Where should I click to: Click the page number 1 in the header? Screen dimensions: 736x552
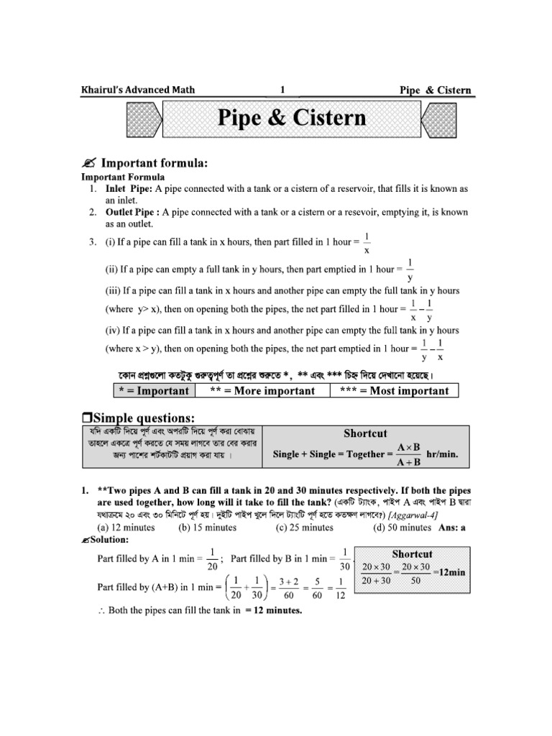click(282, 90)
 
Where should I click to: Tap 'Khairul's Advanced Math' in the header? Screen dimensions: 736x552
click(137, 90)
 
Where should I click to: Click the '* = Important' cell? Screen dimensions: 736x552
click(153, 391)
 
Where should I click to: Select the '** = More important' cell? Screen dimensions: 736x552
click(262, 391)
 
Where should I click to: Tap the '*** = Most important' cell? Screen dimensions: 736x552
click(399, 391)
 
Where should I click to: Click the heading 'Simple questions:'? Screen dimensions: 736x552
click(144, 418)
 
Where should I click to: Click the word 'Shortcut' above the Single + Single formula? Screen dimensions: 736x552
click(365, 433)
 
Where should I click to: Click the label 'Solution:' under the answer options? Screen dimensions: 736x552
click(108, 540)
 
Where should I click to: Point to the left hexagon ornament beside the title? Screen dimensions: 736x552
click(142, 118)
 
